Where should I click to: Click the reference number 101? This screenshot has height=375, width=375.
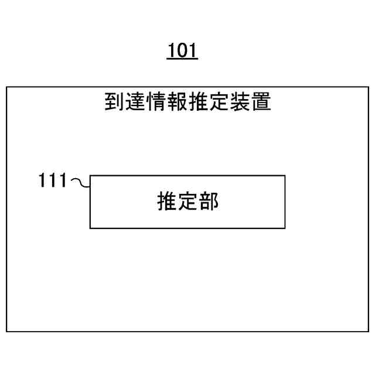(182, 51)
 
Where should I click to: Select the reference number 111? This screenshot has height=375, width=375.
(53, 180)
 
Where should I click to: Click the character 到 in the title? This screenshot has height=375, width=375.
(114, 102)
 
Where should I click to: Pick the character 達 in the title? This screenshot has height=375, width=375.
(135, 102)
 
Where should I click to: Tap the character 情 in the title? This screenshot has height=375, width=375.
(156, 102)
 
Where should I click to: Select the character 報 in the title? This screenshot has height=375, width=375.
(177, 102)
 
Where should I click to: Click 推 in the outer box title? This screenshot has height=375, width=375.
(198, 102)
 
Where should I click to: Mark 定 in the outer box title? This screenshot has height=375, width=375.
(219, 102)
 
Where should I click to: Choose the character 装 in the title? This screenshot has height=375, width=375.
(240, 102)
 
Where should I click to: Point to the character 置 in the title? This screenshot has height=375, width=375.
(261, 102)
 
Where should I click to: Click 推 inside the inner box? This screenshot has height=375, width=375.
(167, 202)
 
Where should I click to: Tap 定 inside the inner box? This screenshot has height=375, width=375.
(188, 202)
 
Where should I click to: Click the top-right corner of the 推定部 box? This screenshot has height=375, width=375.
(285, 175)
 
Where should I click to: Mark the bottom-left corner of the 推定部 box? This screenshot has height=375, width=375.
(90, 228)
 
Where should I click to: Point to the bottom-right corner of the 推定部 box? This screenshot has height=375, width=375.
(285, 228)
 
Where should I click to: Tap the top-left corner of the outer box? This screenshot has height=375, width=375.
(6, 88)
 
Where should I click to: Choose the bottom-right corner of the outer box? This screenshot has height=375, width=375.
(369, 332)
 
